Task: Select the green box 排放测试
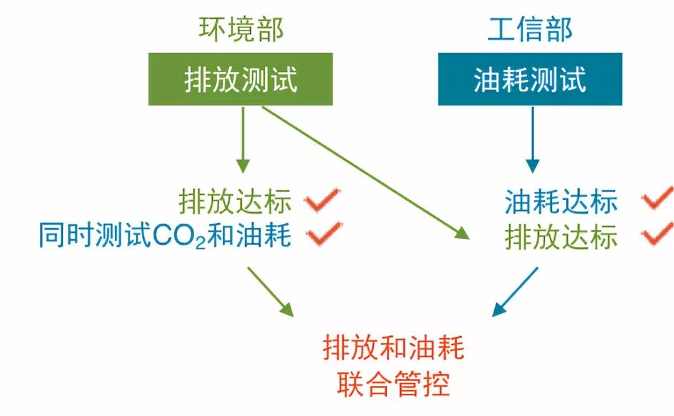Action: (241, 79)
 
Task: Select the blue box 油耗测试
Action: (530, 79)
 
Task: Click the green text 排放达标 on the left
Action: (235, 202)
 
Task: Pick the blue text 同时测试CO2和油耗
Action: (165, 237)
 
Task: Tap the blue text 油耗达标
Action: (561, 202)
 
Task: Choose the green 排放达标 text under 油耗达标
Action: (561, 237)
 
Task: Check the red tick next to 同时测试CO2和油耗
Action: (323, 234)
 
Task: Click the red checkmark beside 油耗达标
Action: (658, 199)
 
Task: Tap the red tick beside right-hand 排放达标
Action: (658, 234)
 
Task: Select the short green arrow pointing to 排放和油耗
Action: (270, 291)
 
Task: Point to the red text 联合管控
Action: (393, 384)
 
